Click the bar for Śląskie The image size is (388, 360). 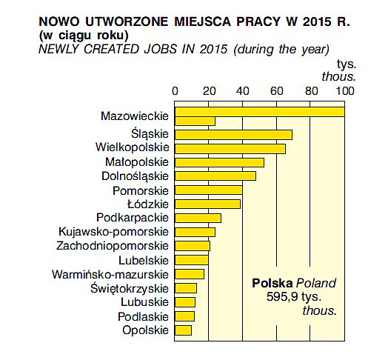point(233,135)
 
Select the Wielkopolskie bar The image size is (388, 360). point(230,149)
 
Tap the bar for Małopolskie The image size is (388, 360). point(219,163)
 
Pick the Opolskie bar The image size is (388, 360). point(183,330)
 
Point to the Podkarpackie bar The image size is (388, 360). point(198,218)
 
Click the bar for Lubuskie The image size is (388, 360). point(185,302)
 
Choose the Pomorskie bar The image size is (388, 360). point(208,190)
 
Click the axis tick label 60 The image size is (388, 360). point(276,91)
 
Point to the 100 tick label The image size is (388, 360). point(345,91)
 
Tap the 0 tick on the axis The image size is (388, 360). point(175,91)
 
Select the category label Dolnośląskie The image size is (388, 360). point(135,176)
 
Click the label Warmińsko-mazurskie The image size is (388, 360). point(110,275)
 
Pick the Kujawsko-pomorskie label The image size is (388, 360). point(113,232)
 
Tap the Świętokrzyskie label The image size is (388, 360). point(130,289)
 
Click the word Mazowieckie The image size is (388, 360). point(135,116)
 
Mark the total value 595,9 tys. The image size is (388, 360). point(294,296)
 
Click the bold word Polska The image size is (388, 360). point(272,283)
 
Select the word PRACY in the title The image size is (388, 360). point(258,21)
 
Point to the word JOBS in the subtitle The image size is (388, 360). point(160,49)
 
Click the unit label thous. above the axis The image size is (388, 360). point(338,77)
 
